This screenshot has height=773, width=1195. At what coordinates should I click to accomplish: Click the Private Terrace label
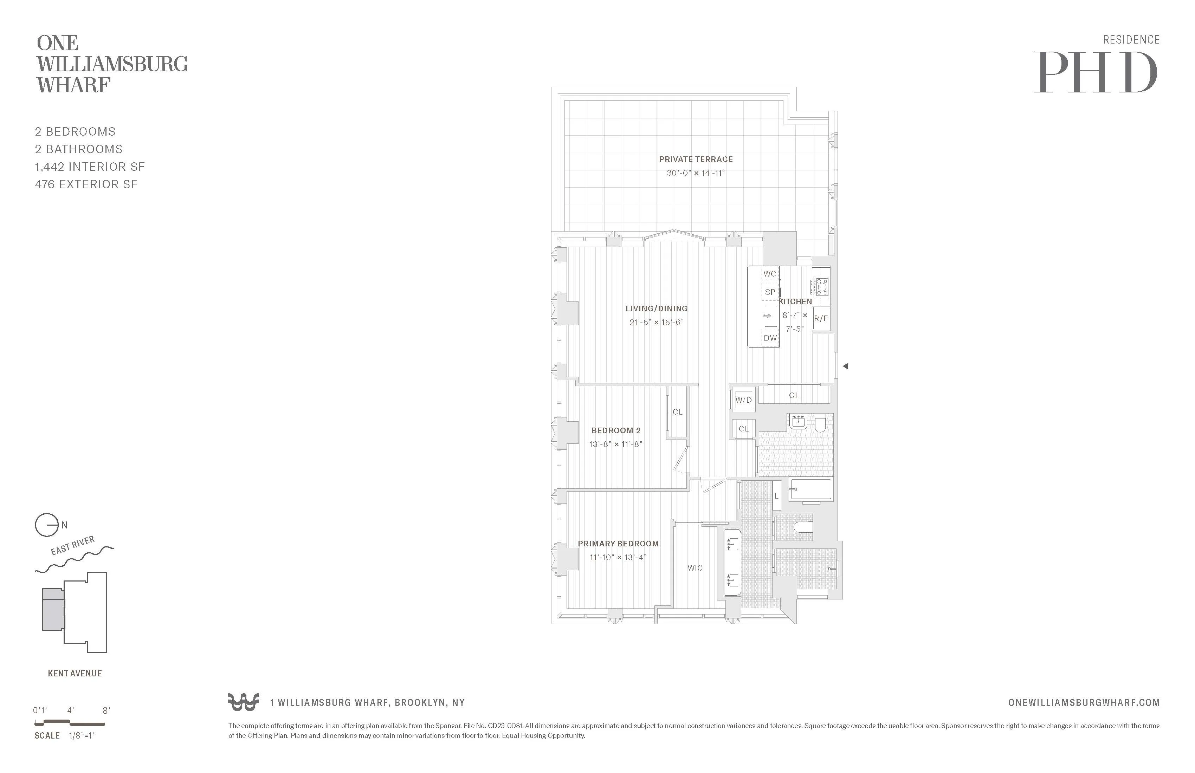coord(696,159)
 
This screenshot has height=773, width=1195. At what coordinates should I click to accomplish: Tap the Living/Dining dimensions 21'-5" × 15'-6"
coord(656,322)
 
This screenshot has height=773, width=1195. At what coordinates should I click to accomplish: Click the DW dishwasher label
coord(770,338)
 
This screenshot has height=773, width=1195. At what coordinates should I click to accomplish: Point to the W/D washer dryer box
coord(743,400)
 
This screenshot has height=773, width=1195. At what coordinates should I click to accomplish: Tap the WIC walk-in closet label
coord(695,568)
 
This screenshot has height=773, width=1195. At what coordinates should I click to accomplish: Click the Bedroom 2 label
coord(615,430)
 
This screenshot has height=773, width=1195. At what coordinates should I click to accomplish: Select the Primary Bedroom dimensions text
coord(618,557)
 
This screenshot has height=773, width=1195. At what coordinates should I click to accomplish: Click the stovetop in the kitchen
coord(821,287)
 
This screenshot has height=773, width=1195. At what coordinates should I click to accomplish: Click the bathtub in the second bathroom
coord(810,489)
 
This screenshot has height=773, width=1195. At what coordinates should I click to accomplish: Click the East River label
coord(73,546)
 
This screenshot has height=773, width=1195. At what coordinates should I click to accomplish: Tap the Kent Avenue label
coord(75,674)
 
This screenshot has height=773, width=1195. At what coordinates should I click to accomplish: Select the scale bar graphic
coord(70,723)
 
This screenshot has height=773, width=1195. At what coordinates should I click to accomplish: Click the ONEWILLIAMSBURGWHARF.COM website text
coord(1084,703)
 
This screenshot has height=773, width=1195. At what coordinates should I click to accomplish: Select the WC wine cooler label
coord(769,274)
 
